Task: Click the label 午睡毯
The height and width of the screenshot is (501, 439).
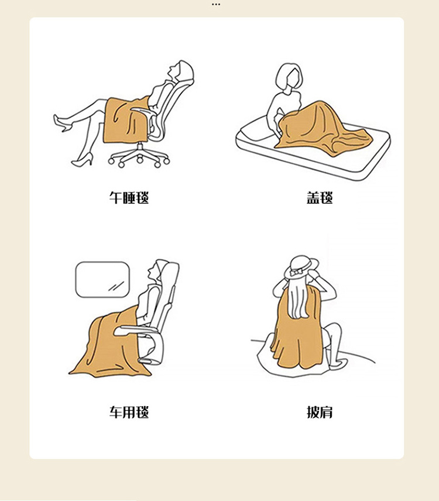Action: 129,198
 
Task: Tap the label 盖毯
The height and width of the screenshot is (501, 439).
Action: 320,198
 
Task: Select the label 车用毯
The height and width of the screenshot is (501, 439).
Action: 129,412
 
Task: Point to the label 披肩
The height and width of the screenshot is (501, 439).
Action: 320,412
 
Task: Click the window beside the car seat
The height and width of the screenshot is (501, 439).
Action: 102,280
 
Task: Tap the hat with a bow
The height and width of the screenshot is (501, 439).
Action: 301,267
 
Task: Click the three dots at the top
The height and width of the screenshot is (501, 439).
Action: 216,5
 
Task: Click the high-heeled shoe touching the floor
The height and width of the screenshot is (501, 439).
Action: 83,159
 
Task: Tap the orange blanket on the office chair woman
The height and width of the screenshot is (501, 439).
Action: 126,120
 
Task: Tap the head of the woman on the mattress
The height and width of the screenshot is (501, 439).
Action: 289,76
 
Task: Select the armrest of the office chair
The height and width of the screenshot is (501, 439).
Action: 143,111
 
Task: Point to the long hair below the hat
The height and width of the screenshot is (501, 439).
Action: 299,298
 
